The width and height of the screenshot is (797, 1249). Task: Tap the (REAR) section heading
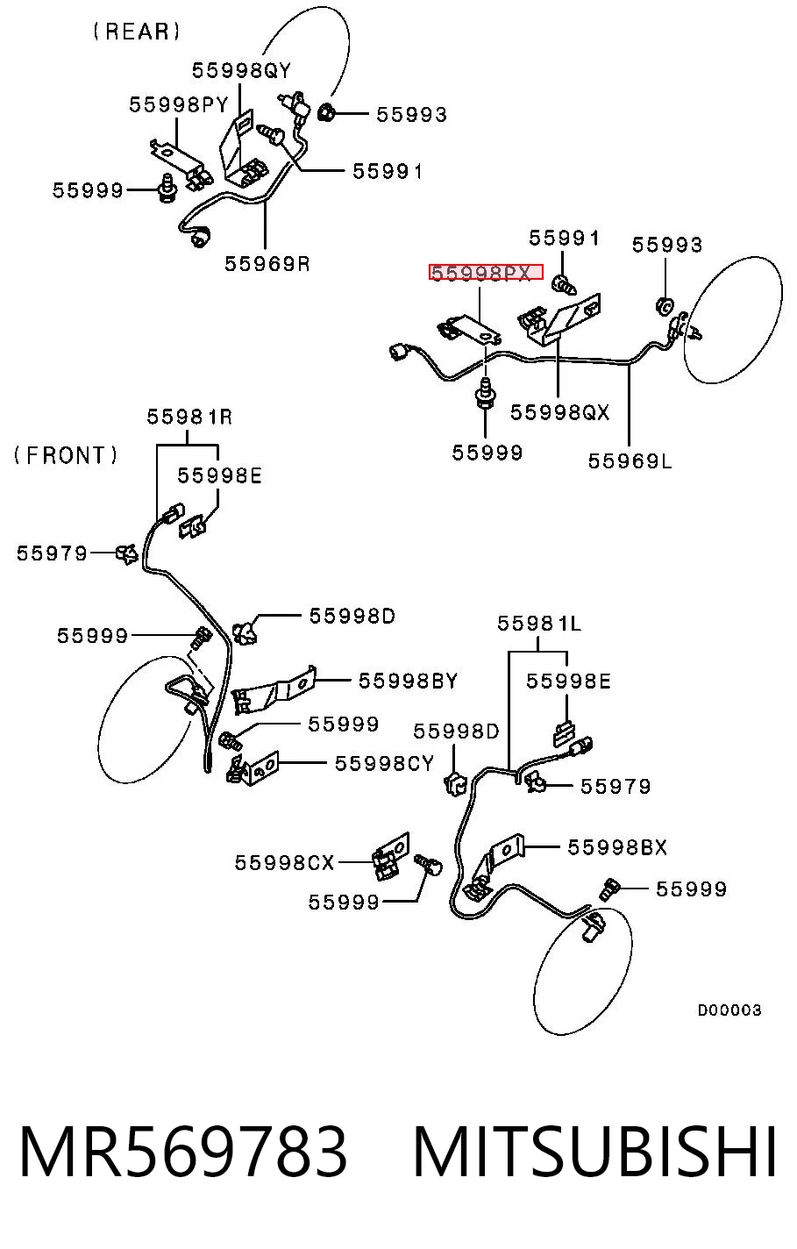(x=137, y=32)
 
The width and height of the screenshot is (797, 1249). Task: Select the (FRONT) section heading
(x=66, y=455)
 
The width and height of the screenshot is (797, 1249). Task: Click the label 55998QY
(x=241, y=71)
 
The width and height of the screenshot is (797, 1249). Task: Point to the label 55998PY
(x=178, y=105)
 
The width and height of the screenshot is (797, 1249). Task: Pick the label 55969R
(x=267, y=264)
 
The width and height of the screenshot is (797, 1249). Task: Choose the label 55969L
(x=630, y=461)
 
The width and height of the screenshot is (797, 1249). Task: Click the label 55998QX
(x=559, y=412)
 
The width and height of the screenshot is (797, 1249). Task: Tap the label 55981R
(x=189, y=418)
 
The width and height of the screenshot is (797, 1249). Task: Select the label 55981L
(x=539, y=624)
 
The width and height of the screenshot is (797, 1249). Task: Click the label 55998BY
(x=408, y=681)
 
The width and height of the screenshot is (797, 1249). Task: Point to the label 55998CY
(x=384, y=763)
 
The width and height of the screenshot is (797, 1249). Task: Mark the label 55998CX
(x=284, y=862)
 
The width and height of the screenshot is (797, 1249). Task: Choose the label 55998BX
(x=617, y=847)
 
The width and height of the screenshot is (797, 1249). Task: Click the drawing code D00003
(x=729, y=1010)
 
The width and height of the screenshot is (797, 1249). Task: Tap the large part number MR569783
(x=183, y=1152)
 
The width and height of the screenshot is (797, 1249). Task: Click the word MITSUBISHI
(x=594, y=1152)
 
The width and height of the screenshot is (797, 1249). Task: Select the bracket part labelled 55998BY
(x=273, y=690)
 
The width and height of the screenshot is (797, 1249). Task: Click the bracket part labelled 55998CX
(x=391, y=856)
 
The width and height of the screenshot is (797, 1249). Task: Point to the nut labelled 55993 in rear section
(x=325, y=112)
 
